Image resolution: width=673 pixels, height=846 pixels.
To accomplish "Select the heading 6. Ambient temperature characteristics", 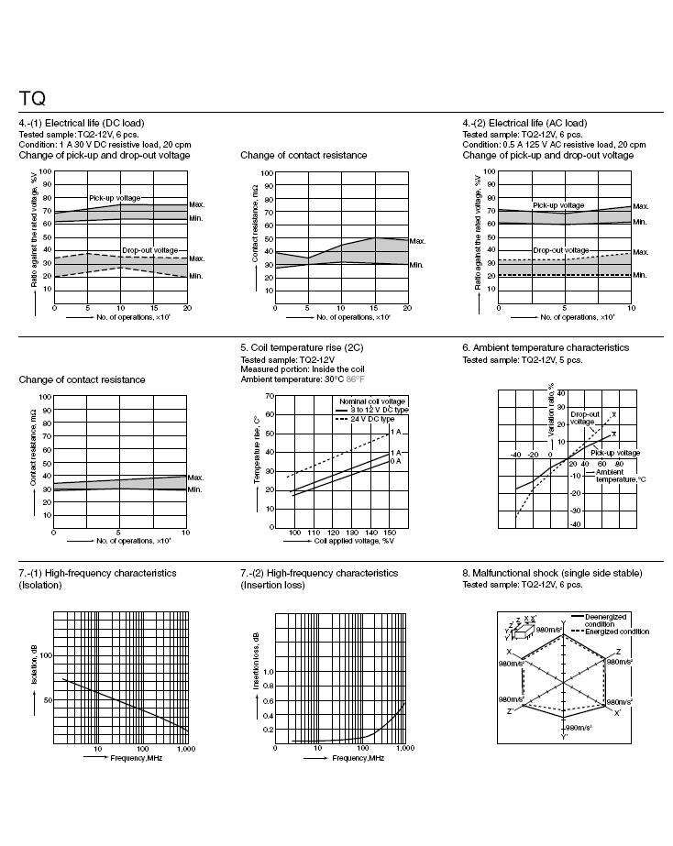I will pos(546,348).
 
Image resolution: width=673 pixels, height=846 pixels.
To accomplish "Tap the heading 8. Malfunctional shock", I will pos(552,573).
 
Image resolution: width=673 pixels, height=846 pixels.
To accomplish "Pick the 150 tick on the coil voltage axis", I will pos(389,533).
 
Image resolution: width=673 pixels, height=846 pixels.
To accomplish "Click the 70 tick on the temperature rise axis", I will pos(270,396).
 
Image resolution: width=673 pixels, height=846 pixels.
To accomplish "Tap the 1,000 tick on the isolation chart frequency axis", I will pos(184,750).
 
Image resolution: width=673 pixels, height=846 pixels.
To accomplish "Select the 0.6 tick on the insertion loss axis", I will pos(269,701).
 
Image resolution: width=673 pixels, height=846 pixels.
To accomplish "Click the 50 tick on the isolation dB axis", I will pos(48,699).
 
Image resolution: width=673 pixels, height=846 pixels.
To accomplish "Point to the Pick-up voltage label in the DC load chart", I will pos(115,198).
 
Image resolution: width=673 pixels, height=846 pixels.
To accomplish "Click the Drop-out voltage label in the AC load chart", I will pos(560,249).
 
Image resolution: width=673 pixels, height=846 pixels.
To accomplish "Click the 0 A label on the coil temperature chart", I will pos(396,461).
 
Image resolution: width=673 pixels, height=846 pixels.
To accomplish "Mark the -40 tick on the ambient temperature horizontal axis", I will pos(515,454).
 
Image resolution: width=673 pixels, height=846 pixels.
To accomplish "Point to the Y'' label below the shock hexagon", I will pos(565,735).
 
